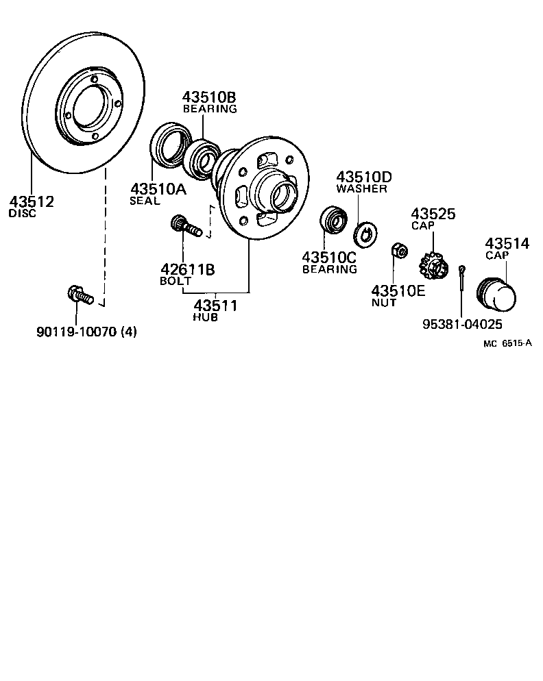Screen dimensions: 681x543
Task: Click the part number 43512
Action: point(32,201)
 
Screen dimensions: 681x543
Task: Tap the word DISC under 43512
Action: point(22,213)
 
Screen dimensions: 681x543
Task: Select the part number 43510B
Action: point(209,97)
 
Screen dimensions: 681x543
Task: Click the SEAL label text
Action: point(145,201)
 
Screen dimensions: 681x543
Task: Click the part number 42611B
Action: point(187,269)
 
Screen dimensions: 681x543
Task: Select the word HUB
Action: point(206,317)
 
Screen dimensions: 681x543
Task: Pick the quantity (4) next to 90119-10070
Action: point(128,333)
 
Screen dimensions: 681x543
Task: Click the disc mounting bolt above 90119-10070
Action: point(80,296)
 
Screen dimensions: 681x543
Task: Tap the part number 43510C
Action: point(330,257)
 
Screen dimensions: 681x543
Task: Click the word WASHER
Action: point(361,188)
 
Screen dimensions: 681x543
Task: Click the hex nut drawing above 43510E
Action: point(398,252)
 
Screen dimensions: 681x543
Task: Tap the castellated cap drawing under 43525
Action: point(433,265)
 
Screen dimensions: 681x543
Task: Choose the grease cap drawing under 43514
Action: point(498,295)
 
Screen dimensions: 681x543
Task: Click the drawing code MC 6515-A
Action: point(507,345)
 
